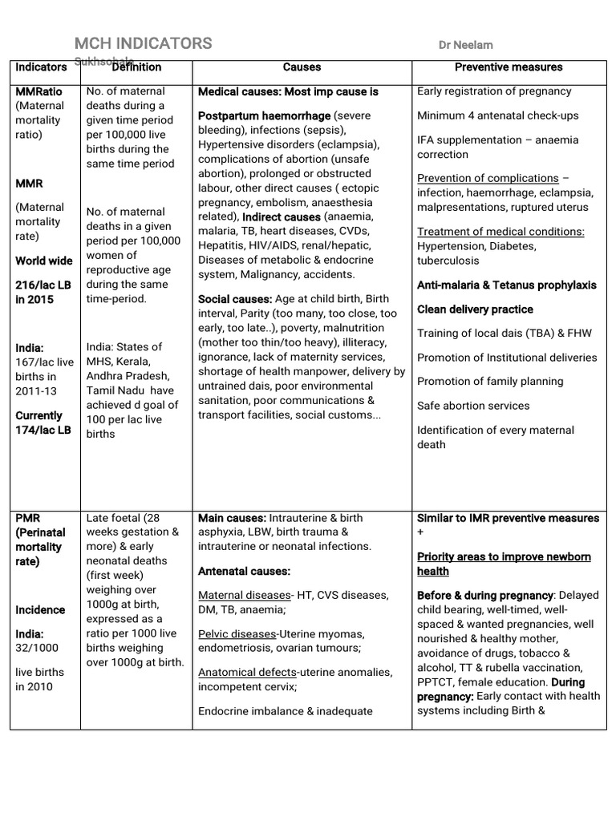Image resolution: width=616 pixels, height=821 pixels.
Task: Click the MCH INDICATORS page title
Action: [144, 43]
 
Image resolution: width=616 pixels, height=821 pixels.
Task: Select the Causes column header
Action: [302, 67]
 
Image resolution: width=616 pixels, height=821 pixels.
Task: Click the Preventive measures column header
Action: [509, 67]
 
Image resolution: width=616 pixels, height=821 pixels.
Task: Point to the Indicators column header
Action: [41, 67]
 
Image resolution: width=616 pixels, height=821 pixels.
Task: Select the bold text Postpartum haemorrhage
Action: [264, 116]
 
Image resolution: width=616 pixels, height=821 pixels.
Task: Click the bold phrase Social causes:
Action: [235, 299]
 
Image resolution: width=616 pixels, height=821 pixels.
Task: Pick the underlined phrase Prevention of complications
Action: [488, 178]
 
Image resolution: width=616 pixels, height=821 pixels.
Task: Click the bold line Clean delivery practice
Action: [475, 309]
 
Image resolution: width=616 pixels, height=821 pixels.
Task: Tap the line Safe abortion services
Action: [473, 406]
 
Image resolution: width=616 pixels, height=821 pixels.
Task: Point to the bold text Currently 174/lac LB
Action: [43, 423]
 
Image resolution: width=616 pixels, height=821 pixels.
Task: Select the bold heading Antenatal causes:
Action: [244, 571]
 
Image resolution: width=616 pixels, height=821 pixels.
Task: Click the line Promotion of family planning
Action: [490, 382]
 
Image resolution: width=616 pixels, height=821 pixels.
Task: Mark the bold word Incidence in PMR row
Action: [40, 610]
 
